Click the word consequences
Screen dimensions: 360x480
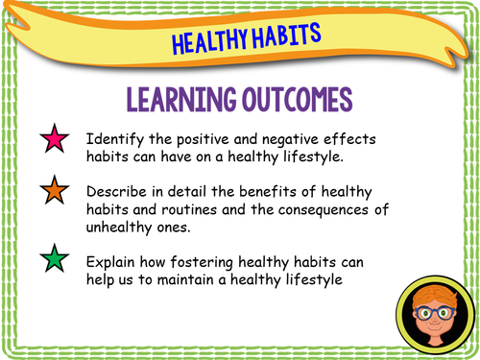[318, 209]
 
